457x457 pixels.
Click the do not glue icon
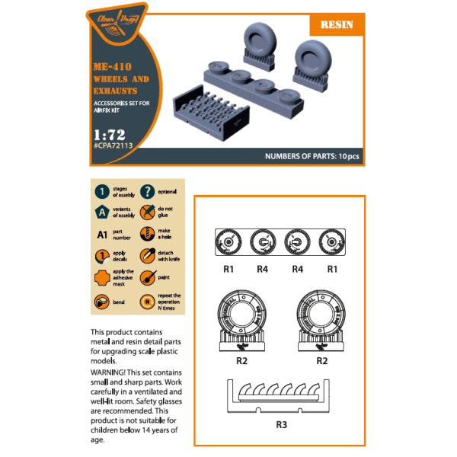(149, 213)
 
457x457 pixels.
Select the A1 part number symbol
(101, 235)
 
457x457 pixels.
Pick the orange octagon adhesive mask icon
(101, 279)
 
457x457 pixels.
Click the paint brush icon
(149, 279)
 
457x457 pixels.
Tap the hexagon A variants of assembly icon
(101, 213)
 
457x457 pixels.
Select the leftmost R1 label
(229, 269)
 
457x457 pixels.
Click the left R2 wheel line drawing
(243, 316)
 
